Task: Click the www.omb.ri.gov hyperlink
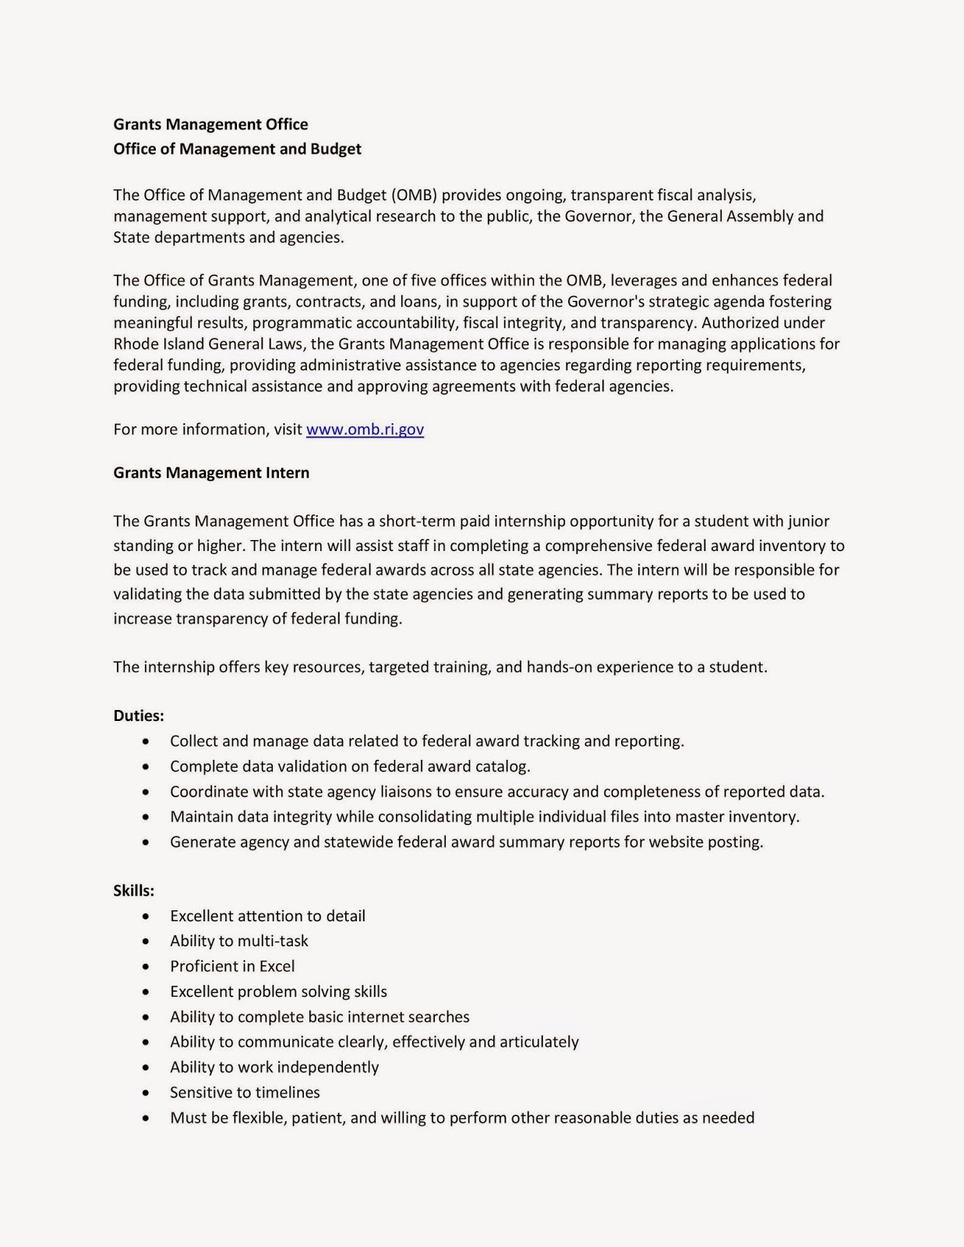point(365,429)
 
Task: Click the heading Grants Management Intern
point(211,473)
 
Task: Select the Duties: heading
point(139,715)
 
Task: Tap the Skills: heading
point(134,891)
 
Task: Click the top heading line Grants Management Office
point(210,125)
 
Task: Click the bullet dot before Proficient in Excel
point(147,967)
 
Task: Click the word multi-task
point(273,941)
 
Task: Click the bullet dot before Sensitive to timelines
point(147,1093)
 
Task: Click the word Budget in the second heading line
point(336,149)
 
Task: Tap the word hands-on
point(560,667)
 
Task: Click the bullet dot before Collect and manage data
point(147,742)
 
